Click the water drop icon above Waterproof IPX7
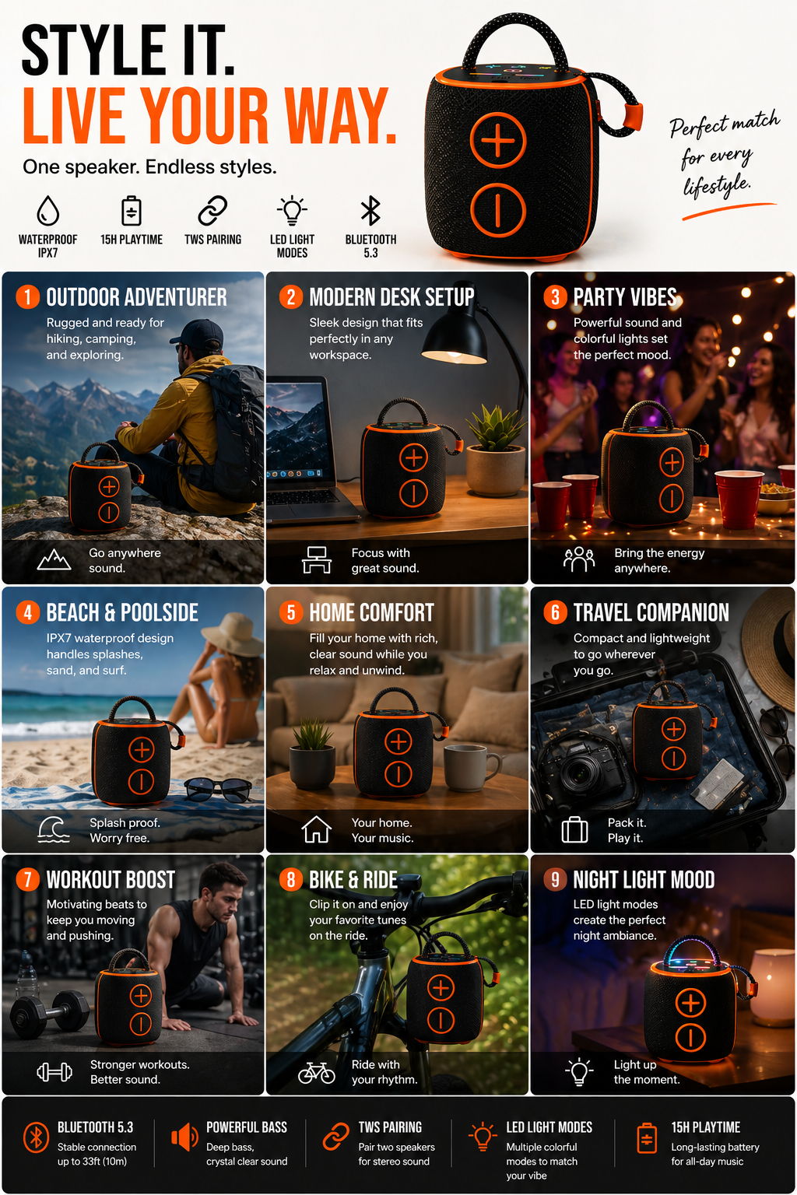pyautogui.click(x=47, y=211)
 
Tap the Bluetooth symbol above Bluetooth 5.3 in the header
pyautogui.click(x=370, y=210)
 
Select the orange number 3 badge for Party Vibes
pyautogui.click(x=555, y=297)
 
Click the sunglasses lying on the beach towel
pyautogui.click(x=219, y=789)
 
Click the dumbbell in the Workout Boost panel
pyautogui.click(x=50, y=1012)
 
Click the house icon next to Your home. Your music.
pyautogui.click(x=317, y=829)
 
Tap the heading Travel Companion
pyautogui.click(x=651, y=612)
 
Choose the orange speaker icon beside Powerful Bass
pyautogui.click(x=184, y=1137)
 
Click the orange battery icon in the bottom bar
pyautogui.click(x=647, y=1137)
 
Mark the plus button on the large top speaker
pyautogui.click(x=498, y=140)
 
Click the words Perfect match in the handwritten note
pyautogui.click(x=725, y=124)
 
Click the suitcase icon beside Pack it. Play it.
pyautogui.click(x=575, y=829)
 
